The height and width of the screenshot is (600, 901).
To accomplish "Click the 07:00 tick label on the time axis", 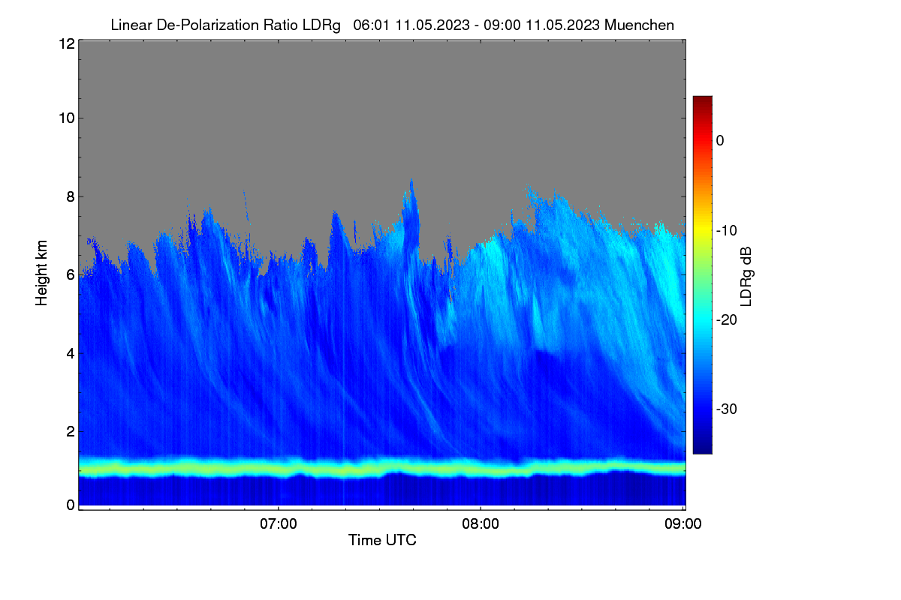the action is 279,524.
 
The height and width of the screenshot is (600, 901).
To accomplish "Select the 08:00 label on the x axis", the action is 481,524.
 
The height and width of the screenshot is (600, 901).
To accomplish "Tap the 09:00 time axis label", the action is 683,524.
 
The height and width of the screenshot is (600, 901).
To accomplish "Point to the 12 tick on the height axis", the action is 67,43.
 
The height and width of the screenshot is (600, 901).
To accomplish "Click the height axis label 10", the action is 67,118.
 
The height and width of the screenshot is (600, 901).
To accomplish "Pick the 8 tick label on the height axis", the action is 71,197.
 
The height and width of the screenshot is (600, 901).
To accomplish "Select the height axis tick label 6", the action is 71,275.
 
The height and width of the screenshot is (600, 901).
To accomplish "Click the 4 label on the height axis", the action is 71,354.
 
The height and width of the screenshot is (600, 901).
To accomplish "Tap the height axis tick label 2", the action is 71,431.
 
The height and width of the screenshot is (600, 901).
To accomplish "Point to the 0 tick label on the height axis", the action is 71,505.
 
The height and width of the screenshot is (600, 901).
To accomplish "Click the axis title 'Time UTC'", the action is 382,540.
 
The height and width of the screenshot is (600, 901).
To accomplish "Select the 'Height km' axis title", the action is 41,273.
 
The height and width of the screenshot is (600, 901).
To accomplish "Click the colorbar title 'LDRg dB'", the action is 746,277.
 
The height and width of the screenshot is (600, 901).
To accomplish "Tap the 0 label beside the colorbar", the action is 720,141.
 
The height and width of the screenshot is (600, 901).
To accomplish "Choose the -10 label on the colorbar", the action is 727,231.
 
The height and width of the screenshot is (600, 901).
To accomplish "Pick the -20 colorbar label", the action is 727,320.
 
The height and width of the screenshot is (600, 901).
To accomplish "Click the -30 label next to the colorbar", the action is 727,409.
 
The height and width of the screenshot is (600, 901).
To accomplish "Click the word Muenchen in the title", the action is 639,25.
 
